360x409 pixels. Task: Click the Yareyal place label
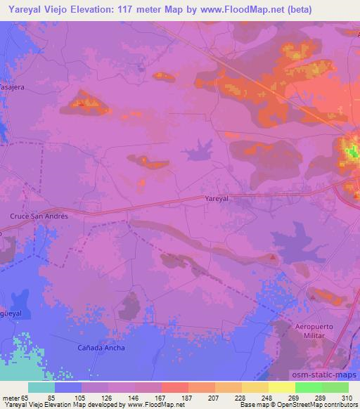pyautogui.click(x=217, y=199)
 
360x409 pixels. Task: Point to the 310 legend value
pyautogui.click(x=345, y=398)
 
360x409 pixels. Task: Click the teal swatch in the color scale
pyautogui.click(x=41, y=387)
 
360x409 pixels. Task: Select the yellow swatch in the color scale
pyautogui.click(x=281, y=387)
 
